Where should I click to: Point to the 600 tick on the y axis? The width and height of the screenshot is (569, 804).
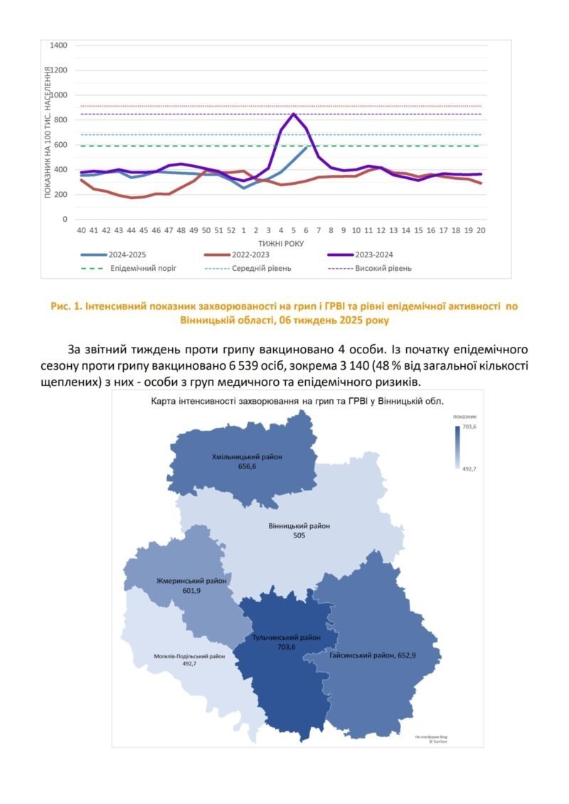(x=60, y=145)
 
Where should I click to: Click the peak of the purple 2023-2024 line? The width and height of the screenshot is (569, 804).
(x=294, y=114)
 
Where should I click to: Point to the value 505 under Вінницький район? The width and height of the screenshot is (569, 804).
(x=299, y=536)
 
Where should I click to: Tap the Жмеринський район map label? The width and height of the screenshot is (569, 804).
(x=191, y=581)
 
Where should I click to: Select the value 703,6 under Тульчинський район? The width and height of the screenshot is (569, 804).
(x=287, y=647)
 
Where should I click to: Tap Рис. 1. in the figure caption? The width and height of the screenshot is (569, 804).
(x=68, y=306)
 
